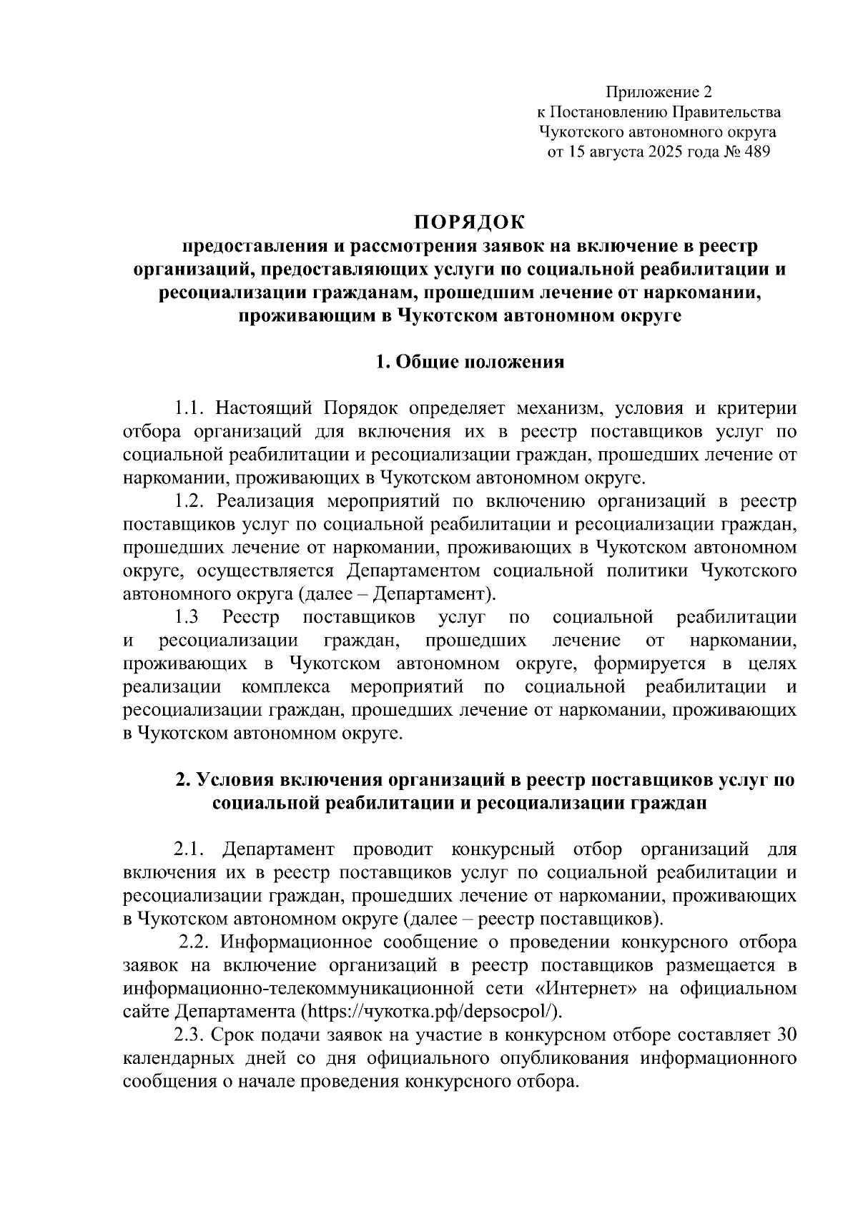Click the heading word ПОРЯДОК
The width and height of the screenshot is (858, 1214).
point(470,221)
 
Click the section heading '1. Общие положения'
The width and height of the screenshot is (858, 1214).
point(470,362)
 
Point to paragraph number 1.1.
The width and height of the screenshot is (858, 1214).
point(190,408)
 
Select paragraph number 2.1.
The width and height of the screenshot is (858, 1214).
point(190,849)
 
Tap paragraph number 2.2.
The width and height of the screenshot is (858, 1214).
point(194,942)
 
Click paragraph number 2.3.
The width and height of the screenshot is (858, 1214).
point(190,1035)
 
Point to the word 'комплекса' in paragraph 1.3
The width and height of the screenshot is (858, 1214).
point(285,687)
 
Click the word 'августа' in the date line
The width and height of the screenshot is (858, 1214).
point(621,152)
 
